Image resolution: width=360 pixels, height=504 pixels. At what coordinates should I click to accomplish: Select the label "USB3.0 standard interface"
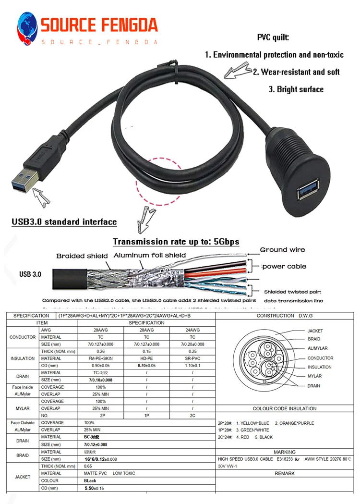pos(64,222)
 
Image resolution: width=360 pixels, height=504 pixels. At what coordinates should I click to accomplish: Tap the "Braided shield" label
pos(82,256)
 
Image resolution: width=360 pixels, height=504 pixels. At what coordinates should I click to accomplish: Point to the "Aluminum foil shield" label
pos(149,255)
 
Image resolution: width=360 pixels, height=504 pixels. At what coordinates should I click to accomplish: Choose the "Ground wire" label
pos(282,250)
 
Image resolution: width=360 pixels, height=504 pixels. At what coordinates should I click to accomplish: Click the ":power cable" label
pos(283,266)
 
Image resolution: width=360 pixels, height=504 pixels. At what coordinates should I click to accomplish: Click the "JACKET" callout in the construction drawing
pos(315,331)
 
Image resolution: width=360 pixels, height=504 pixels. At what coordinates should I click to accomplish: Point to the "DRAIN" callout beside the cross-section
pos(313,385)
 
